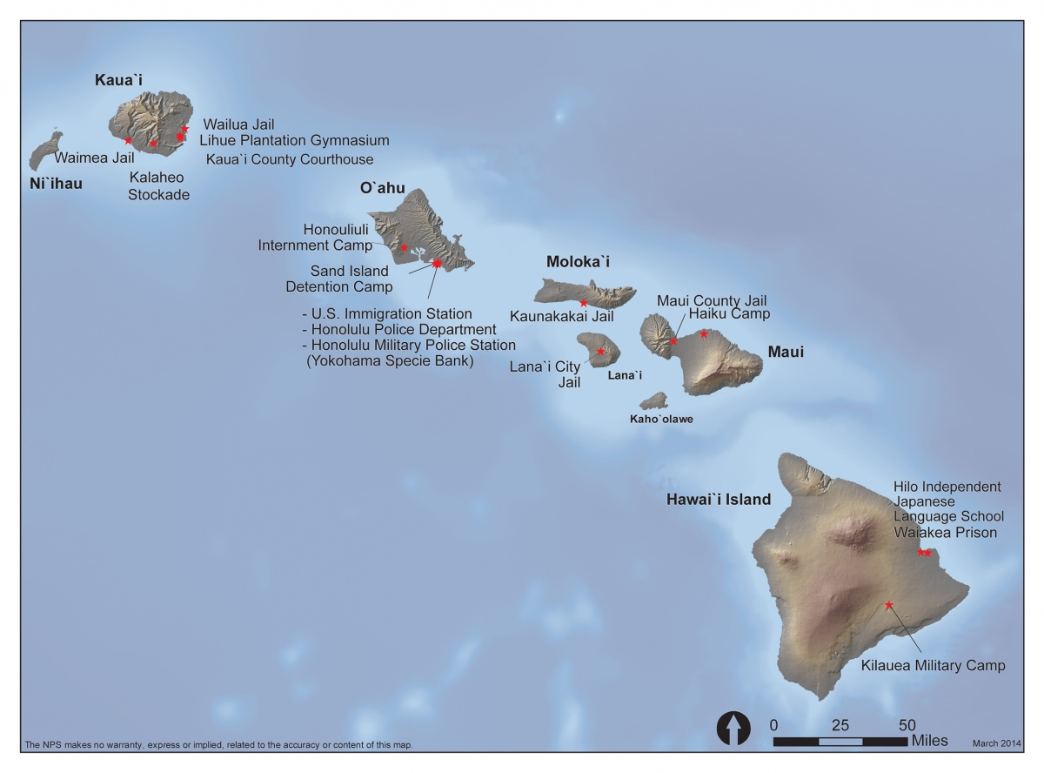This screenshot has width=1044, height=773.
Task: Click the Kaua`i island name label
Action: coord(118,81)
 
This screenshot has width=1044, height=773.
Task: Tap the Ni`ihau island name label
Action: coord(56,184)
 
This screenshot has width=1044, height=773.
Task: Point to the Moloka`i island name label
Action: coord(579,261)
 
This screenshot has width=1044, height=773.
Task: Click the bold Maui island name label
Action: coord(786,353)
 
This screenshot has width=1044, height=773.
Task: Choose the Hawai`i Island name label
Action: coord(718,500)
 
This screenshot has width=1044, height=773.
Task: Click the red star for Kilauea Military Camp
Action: coord(889,604)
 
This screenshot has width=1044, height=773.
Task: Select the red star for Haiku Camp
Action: coord(704,333)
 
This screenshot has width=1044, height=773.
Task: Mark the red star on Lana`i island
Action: coord(600,351)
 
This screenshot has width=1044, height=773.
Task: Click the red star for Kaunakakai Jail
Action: coord(583,303)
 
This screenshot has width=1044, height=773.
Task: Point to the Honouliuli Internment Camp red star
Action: coord(404,247)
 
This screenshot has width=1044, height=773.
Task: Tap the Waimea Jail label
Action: coord(94,158)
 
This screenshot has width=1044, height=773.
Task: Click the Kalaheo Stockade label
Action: coord(158,185)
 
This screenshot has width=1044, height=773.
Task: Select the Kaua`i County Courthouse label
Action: coord(289,159)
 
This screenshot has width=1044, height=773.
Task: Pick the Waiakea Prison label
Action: coord(945,533)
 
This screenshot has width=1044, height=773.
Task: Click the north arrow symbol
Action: coord(733,727)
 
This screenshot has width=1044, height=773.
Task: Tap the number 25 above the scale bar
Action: coord(840,724)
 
